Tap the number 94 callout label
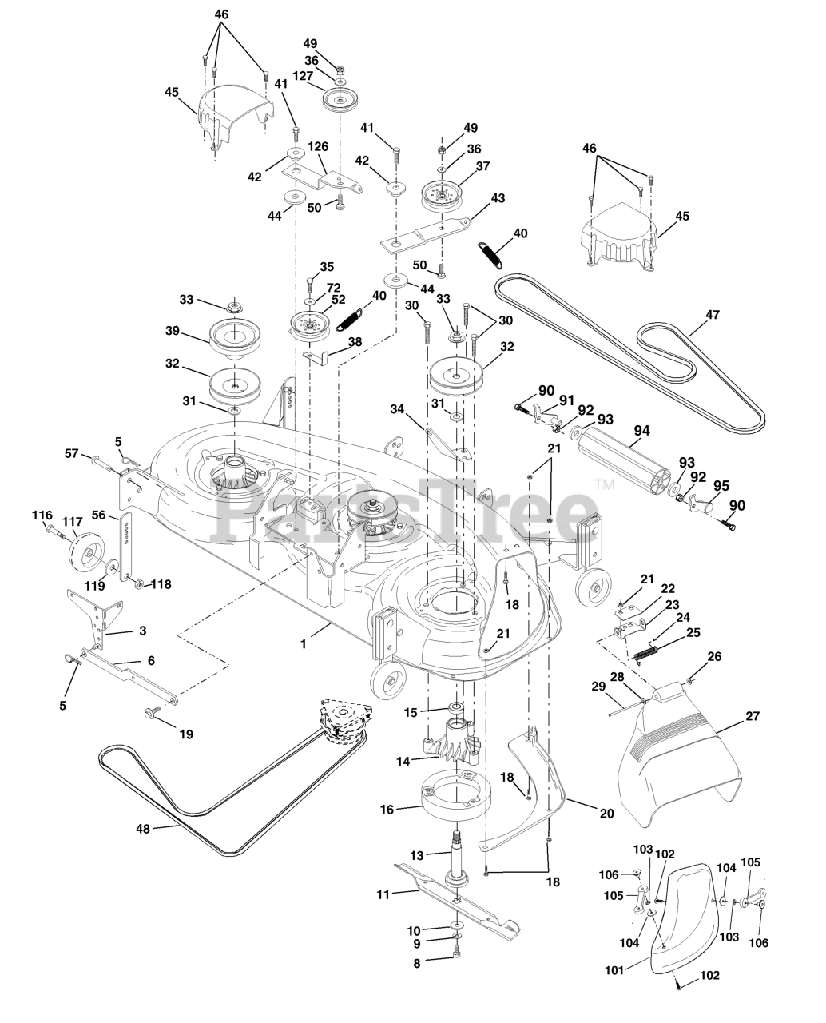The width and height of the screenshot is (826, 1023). point(641,431)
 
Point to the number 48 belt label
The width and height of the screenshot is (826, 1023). point(144,829)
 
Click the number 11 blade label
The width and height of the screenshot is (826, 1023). point(383,894)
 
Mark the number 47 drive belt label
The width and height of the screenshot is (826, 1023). point(713,315)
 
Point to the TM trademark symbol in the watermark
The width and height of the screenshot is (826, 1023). point(604,484)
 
